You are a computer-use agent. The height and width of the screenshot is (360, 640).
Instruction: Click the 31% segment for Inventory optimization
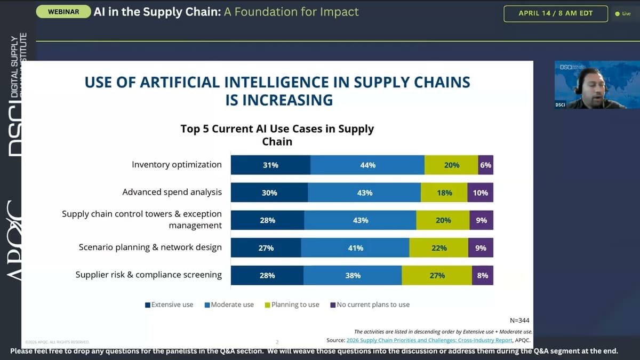coord(270,165)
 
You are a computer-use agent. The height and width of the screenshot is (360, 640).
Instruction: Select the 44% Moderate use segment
coord(367,165)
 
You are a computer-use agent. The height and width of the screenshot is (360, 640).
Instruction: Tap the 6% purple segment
coord(485,165)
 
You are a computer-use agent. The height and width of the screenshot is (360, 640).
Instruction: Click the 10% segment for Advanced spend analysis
coord(480,193)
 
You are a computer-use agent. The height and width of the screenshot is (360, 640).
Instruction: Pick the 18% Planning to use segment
coord(444,193)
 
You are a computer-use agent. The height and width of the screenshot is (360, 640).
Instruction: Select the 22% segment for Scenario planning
coord(439,248)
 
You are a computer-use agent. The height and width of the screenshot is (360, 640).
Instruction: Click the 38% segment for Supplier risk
coord(353,275)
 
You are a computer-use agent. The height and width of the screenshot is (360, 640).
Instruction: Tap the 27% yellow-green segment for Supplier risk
coord(437,275)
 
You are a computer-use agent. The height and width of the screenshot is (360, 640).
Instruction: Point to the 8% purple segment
coord(483,275)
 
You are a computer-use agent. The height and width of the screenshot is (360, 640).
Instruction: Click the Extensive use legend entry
coord(170,305)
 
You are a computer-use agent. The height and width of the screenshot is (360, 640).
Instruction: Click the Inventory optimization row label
coord(177,165)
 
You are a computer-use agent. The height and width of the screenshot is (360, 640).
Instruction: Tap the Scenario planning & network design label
coord(150,247)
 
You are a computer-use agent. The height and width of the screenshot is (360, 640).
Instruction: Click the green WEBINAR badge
coord(63,12)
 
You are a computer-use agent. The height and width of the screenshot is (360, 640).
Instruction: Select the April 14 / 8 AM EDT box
coord(555,13)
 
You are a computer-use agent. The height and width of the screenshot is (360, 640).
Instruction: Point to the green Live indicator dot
coord(617,14)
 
